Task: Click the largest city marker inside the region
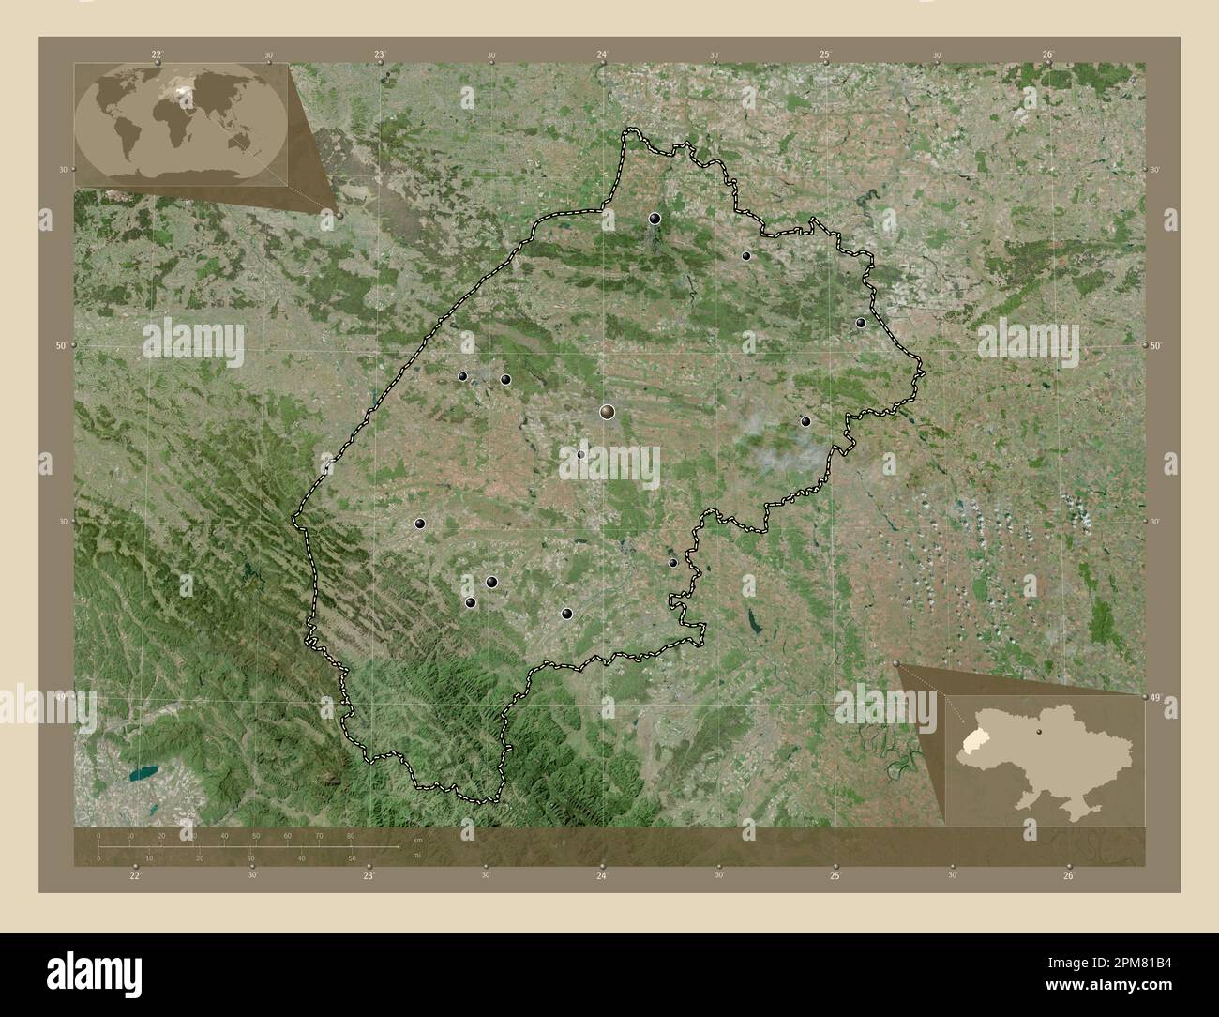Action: (x=608, y=411)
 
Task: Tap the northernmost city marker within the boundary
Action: (x=655, y=219)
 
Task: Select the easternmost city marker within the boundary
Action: (x=861, y=323)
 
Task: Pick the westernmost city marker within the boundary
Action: (x=420, y=524)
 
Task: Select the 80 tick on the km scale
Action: (x=351, y=835)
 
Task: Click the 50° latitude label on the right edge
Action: (x=1156, y=346)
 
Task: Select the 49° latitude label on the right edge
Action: (x=1155, y=697)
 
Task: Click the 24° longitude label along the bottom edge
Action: (x=602, y=875)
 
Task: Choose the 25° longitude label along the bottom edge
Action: (x=835, y=875)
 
